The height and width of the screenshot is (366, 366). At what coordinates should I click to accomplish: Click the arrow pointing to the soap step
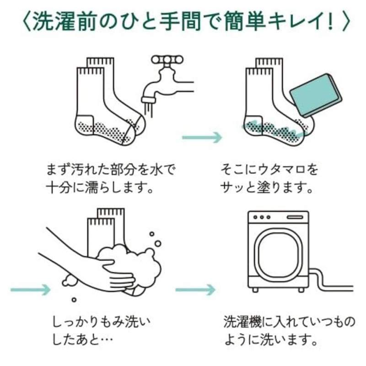coord(201,137)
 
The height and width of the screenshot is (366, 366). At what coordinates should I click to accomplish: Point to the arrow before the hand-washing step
coord(30,289)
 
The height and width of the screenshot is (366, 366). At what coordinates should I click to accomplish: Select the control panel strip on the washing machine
coord(278,216)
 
